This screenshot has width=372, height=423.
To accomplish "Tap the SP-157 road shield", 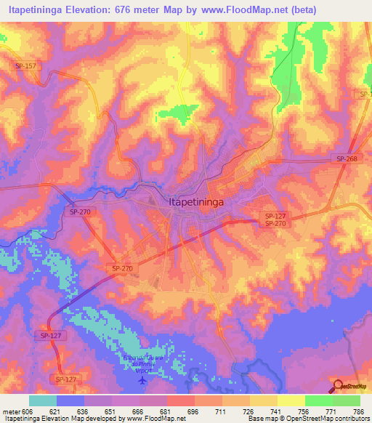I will click(24, 66).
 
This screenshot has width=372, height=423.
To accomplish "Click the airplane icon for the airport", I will click(142, 379).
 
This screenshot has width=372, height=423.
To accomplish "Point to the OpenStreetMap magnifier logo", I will click(338, 386).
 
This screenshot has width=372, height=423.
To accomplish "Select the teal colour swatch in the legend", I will click(43, 400).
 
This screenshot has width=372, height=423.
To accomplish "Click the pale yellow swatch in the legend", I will click(291, 400).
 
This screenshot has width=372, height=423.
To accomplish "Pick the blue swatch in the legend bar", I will click(70, 400).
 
